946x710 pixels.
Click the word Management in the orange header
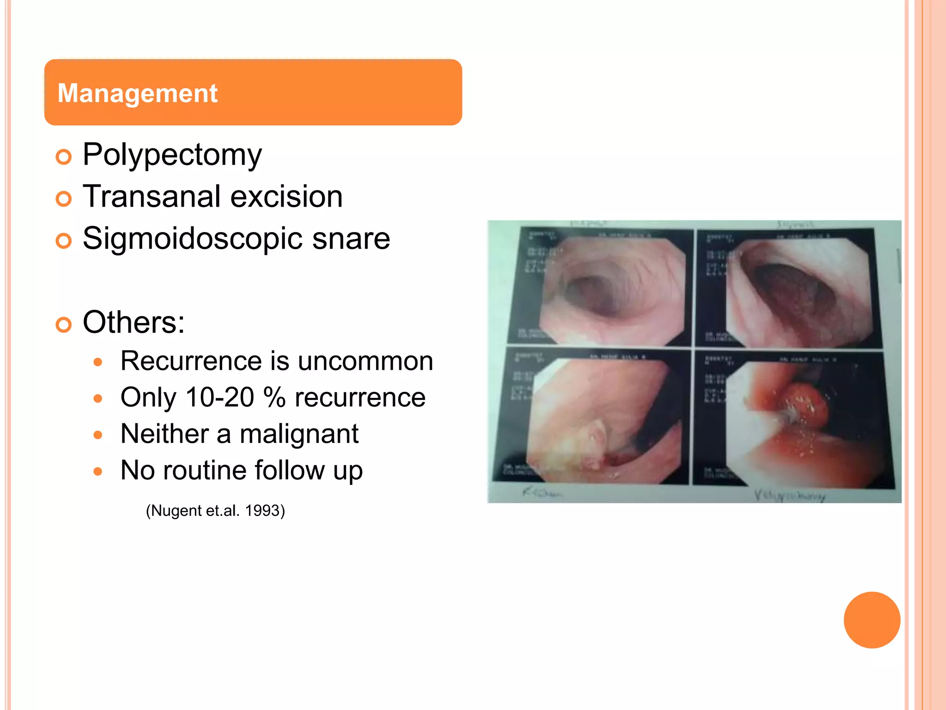pos(137,93)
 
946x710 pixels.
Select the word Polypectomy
pos(172,154)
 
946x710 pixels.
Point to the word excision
pos(286,196)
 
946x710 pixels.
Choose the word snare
pos(351,239)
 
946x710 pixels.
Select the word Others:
pos(133,322)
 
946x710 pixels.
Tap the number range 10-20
pos(219,398)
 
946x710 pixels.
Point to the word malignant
pos(299,434)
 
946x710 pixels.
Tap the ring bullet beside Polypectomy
pos(64,157)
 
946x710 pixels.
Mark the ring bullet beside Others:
pos(64,325)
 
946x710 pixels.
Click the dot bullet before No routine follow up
pos(97,472)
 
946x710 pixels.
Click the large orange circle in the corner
pos(872,620)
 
